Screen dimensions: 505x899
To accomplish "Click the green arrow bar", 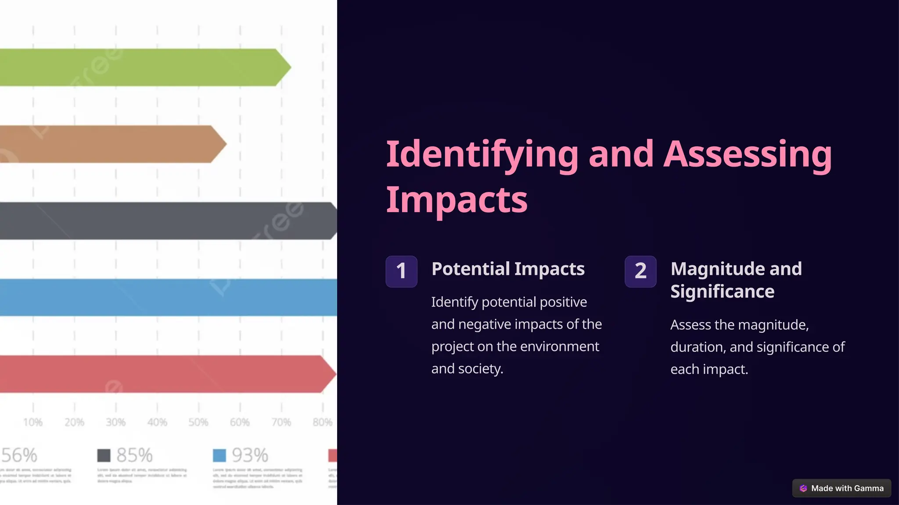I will pos(140,68).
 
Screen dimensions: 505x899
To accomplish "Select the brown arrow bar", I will pos(110,144).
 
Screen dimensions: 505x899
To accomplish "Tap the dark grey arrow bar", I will pos(167,221).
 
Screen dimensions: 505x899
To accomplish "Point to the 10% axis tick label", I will pos(33,422).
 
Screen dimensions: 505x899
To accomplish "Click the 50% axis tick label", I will pos(198,422).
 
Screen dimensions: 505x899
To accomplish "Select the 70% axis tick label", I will pos(281,422).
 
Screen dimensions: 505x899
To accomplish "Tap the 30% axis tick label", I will pos(116,422).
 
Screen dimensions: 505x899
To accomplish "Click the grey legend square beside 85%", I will pos(104,455).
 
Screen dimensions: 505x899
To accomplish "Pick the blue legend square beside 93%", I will pos(219,455).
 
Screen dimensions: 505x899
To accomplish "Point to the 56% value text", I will pos(19,455).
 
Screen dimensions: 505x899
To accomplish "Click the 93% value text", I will pos(250,455).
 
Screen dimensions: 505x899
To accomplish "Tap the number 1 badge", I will pos(401,271).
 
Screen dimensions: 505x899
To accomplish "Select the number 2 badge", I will pos(640,271).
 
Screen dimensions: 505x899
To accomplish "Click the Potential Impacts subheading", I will pos(508,269).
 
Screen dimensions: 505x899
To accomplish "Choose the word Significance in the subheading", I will pos(722,292).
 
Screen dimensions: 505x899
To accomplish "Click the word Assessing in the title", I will pos(748,154).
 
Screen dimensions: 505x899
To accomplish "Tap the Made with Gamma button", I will pos(841,488).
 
